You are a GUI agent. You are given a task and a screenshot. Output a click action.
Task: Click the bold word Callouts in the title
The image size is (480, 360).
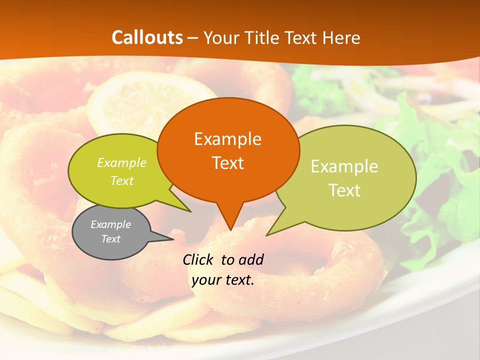(x=147, y=37)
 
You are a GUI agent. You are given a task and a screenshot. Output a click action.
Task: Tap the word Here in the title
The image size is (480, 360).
(x=341, y=37)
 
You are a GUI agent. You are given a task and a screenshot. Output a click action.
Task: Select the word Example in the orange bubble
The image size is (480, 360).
(x=227, y=139)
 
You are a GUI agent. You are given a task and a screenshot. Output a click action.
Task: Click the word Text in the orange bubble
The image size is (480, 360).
(x=227, y=163)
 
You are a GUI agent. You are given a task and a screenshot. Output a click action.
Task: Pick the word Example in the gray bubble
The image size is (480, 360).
(x=110, y=224)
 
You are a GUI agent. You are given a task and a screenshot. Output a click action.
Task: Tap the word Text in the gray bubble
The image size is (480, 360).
(x=110, y=239)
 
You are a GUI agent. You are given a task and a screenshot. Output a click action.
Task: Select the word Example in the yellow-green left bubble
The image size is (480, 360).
(x=122, y=162)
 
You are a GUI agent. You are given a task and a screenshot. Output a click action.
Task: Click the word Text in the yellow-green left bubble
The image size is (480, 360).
(x=122, y=180)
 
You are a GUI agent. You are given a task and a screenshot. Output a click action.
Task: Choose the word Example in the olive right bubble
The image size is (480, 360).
(x=344, y=166)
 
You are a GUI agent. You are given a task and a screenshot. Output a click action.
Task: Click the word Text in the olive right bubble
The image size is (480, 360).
(x=344, y=190)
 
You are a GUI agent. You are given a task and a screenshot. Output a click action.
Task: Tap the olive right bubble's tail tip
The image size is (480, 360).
(x=266, y=235)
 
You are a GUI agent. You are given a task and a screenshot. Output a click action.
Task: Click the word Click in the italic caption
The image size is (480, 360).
(x=198, y=259)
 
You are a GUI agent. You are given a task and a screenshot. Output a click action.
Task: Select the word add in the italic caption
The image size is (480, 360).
(x=251, y=259)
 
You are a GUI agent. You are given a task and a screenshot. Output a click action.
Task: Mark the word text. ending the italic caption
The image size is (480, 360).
(x=238, y=280)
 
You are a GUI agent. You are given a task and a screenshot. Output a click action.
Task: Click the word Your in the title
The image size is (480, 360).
(x=221, y=37)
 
